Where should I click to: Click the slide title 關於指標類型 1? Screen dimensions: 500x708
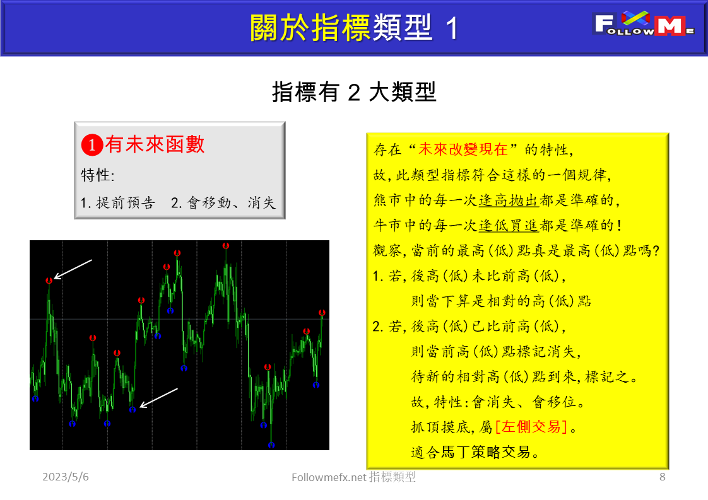tap(353, 28)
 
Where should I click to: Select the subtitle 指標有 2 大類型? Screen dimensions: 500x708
tap(354, 92)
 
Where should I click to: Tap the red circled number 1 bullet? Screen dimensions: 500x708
tap(91, 146)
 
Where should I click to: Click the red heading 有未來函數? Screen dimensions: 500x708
tap(155, 144)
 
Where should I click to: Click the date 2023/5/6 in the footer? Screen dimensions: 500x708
tap(66, 477)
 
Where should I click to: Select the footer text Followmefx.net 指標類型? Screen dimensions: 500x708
tap(354, 477)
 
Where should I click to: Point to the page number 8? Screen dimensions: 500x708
tap(662, 477)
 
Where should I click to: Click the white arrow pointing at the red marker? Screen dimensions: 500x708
tap(73, 269)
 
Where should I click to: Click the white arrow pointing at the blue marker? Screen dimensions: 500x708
tap(158, 398)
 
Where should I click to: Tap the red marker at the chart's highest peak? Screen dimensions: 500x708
tap(226, 246)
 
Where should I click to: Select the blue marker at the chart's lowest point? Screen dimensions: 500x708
tap(271, 445)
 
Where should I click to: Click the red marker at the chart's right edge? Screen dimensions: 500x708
tap(322, 313)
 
